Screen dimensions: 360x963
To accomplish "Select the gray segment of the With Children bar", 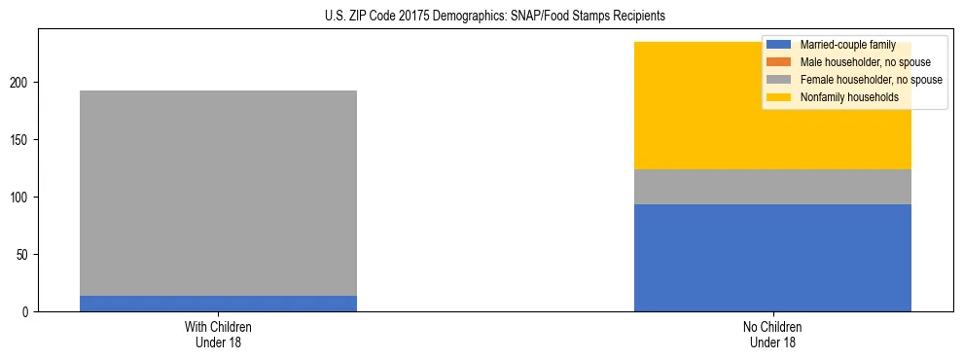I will [x=218, y=193].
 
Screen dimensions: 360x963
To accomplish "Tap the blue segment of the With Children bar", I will [x=218, y=304].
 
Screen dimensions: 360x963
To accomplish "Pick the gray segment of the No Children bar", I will [x=772, y=187].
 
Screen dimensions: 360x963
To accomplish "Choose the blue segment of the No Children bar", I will [x=772, y=258].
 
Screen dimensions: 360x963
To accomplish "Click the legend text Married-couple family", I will [x=847, y=45].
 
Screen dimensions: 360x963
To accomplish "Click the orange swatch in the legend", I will [x=779, y=62].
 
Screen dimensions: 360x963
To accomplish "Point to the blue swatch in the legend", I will [x=779, y=45].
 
